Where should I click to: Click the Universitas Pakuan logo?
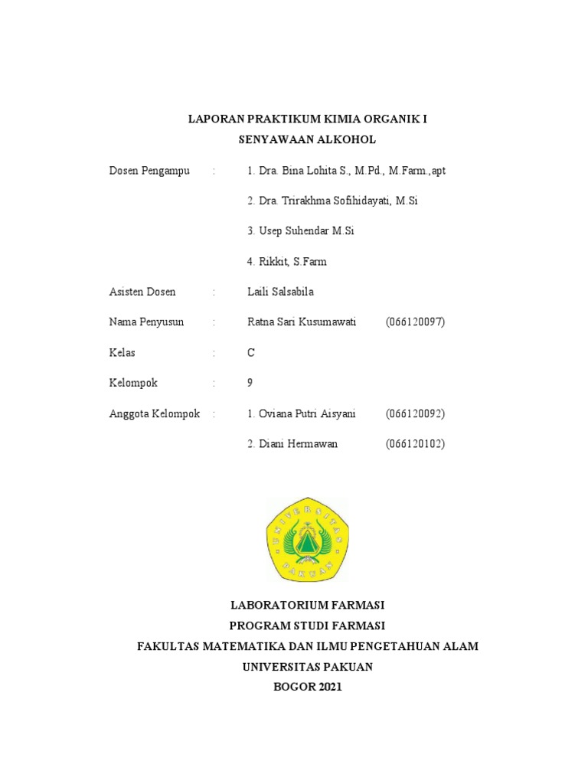click(x=307, y=539)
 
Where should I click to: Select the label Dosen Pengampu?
click(x=149, y=170)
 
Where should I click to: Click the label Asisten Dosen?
click(x=142, y=292)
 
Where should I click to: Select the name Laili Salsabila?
click(x=280, y=292)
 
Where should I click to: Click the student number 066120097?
click(x=415, y=322)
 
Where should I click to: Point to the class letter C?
click(x=251, y=353)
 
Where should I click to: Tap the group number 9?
click(x=250, y=383)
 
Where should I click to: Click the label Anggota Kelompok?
click(x=155, y=413)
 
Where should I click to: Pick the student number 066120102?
click(x=415, y=444)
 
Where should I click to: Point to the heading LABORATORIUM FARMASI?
click(x=307, y=605)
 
